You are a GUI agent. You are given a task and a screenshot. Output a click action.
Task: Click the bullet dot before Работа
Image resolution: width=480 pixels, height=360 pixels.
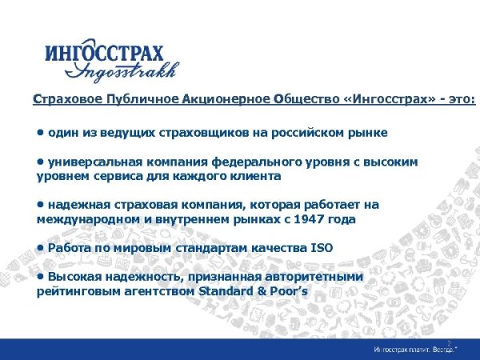click(x=41, y=247)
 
